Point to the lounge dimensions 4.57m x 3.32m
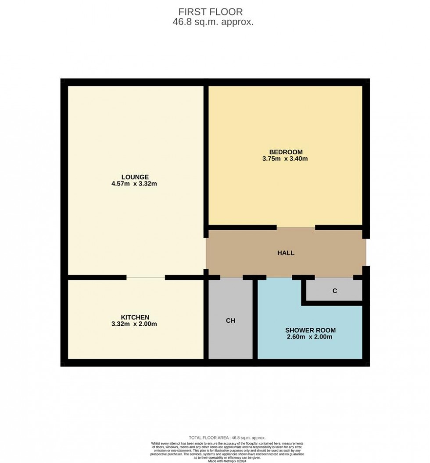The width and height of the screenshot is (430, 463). pos(135,184)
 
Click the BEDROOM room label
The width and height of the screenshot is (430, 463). pos(286,152)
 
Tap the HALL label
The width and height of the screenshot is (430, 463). pos(286,253)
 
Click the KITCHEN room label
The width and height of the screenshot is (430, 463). pos(135,317)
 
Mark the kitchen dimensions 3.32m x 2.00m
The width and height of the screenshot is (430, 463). pos(135,324)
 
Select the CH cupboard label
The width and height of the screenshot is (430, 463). pos(230,321)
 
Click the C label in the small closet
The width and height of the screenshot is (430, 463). pos(334,291)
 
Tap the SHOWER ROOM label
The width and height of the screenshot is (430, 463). pos(310,330)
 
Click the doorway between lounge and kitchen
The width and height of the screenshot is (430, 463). pos(146,278)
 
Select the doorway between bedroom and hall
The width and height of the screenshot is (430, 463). pos(296,228)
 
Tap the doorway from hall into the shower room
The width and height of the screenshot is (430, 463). pos(279,278)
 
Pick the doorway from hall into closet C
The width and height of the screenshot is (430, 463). pos(334,278)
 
